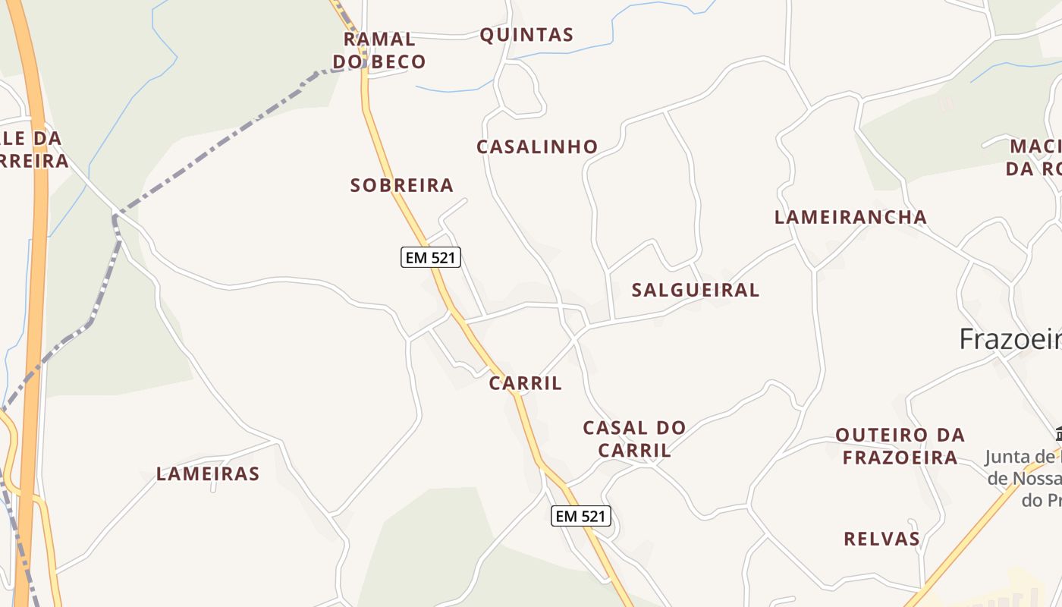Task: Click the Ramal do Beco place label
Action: click(x=379, y=50)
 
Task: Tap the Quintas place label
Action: click(x=526, y=35)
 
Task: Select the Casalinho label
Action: click(x=537, y=147)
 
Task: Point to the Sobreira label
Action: click(x=402, y=185)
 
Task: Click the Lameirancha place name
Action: click(x=850, y=218)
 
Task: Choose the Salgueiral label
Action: click(x=696, y=290)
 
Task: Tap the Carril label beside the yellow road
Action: click(x=526, y=384)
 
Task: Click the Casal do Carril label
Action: click(x=634, y=439)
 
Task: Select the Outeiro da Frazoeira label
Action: click(x=900, y=446)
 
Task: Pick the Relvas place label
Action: click(x=881, y=539)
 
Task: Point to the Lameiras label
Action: click(x=208, y=474)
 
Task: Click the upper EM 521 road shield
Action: click(x=431, y=257)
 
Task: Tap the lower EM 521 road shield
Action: click(x=581, y=517)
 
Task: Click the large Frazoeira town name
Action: click(x=1010, y=338)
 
